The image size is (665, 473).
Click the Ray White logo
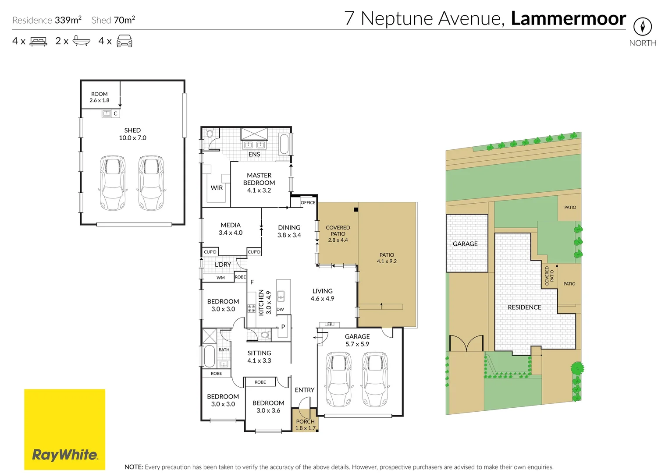tap(65, 429)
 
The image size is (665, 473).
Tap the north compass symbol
tap(643, 27)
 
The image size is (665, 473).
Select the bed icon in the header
tap(38, 41)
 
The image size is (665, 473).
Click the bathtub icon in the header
tap(82, 41)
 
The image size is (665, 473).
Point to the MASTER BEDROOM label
tap(259, 179)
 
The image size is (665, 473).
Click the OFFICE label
tap(308, 202)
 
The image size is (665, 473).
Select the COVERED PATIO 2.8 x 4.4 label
tap(338, 234)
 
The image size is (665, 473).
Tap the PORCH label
tap(305, 421)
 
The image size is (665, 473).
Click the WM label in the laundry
tap(220, 278)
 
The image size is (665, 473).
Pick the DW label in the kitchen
tap(280, 309)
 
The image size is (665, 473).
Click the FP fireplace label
tap(330, 324)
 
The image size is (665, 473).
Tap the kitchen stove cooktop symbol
tap(252, 308)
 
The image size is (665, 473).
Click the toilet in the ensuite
tap(210, 133)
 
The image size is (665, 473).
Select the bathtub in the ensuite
tap(284, 144)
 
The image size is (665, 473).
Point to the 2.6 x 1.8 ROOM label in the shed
tap(100, 97)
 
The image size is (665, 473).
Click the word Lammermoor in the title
tap(568, 18)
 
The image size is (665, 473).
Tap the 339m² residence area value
tap(68, 20)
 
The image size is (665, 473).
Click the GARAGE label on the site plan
tap(465, 244)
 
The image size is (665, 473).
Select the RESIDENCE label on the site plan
tap(524, 307)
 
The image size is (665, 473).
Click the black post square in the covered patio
tap(356, 210)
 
